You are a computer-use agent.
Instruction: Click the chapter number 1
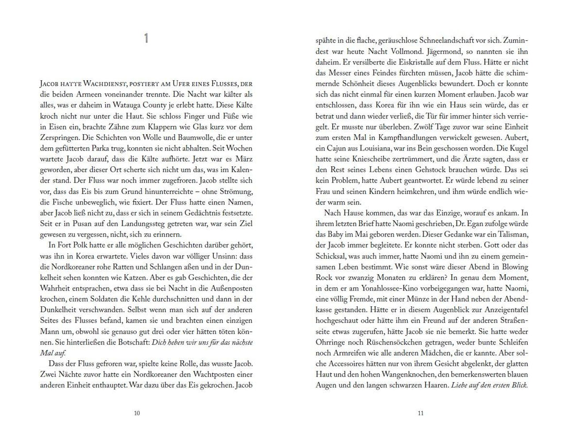tap(147, 39)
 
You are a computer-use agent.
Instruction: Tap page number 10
tap(137, 413)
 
